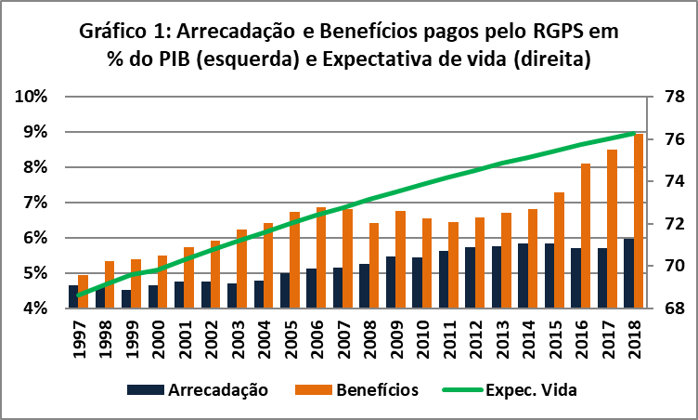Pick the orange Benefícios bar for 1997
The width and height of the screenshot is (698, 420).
point(83,291)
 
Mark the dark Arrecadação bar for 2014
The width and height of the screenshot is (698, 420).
point(523,276)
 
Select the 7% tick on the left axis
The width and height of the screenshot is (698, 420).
point(33,203)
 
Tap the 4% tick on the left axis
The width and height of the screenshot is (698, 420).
point(33,308)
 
